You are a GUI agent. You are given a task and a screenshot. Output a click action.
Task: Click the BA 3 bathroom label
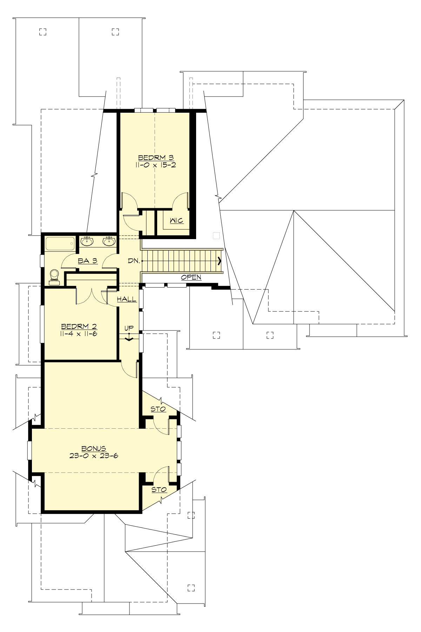(87, 261)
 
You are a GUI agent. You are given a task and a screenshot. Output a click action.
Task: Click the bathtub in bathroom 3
(60, 243)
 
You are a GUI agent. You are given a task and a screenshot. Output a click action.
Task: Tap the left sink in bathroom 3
(87, 242)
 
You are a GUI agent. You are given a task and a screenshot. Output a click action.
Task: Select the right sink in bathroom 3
(109, 242)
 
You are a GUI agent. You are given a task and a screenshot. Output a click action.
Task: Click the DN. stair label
(134, 261)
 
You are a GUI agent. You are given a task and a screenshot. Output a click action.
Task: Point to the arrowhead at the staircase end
(220, 261)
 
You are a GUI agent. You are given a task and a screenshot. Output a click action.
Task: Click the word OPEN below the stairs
(191, 277)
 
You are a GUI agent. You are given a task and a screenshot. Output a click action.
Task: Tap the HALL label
(127, 299)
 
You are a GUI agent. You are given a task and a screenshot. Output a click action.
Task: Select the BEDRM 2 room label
(78, 327)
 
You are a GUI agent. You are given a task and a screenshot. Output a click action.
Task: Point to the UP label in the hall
(129, 328)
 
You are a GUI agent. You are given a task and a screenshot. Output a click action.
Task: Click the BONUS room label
(94, 448)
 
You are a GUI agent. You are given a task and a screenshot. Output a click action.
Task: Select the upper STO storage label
(158, 409)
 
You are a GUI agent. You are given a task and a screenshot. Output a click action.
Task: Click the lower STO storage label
(159, 489)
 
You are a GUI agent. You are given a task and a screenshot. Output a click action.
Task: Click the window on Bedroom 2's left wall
(42, 324)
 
